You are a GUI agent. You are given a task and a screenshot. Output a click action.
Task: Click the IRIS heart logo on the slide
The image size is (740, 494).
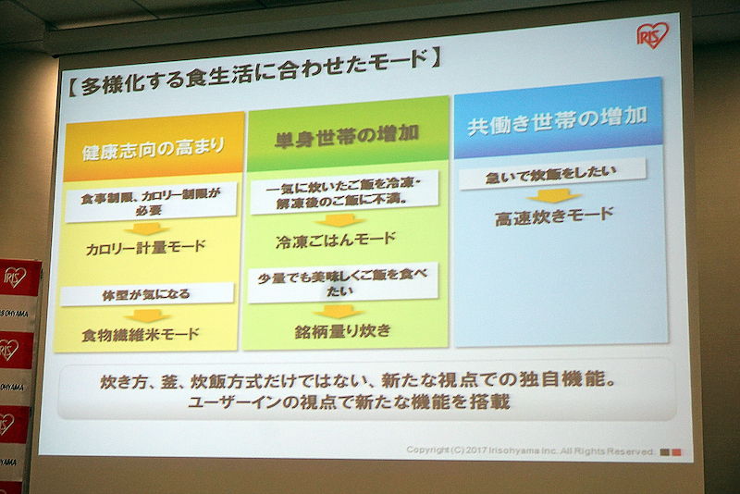(653, 35)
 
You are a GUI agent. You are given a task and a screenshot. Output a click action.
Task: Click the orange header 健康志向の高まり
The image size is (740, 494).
(154, 147)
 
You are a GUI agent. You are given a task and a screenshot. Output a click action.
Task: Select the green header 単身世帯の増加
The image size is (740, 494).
(348, 134)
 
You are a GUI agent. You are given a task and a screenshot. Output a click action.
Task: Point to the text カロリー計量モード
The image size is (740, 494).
(146, 248)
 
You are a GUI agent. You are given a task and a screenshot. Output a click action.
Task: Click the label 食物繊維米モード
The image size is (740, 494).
(141, 335)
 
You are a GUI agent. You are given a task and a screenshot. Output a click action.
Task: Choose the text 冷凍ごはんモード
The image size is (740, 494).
(336, 241)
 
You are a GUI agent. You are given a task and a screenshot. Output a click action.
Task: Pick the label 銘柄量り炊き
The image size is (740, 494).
(343, 331)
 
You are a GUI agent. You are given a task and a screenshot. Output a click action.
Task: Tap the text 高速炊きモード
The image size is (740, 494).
(554, 216)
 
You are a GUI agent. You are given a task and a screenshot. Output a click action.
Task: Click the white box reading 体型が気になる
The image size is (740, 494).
(147, 294)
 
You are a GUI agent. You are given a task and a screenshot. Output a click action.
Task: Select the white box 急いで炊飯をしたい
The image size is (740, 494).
(552, 174)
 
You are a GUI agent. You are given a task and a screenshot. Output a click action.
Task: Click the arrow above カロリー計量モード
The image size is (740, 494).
(147, 228)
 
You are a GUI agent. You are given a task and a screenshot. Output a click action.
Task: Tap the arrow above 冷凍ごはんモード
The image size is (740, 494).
(339, 220)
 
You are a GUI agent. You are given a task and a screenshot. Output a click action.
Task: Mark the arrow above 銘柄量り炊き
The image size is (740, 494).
(339, 312)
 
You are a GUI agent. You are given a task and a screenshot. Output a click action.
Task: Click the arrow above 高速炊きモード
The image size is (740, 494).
(553, 196)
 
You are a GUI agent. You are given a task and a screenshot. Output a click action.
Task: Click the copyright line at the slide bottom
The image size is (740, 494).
(530, 451)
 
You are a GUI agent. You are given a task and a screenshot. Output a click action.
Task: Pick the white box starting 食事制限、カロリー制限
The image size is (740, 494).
(151, 203)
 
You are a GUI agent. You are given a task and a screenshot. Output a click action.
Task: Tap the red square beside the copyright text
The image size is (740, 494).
(676, 452)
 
